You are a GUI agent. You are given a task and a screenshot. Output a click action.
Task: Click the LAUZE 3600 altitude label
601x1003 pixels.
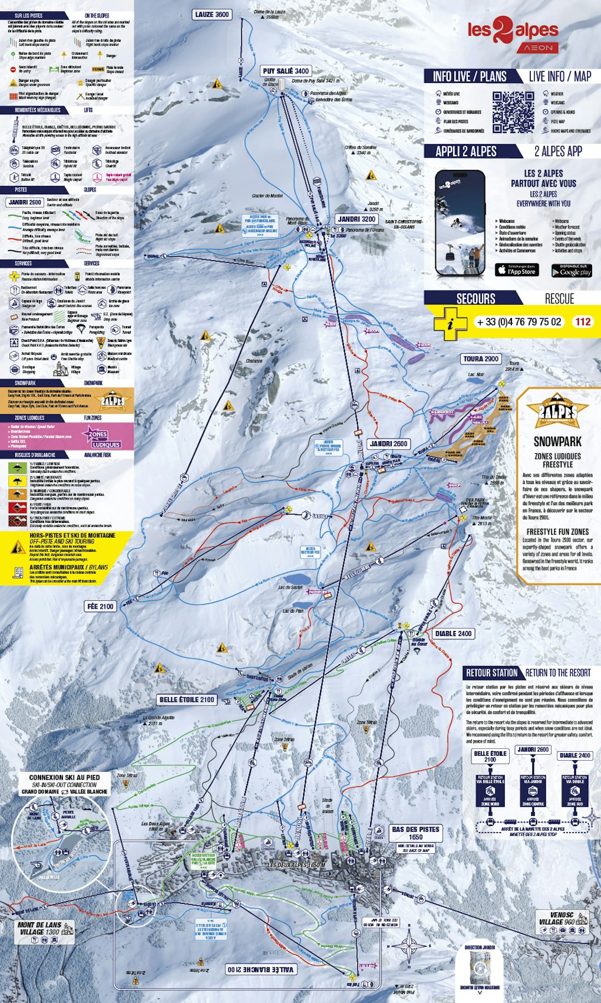coord(212,14)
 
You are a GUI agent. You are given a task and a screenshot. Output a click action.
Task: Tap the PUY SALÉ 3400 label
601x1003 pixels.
coord(285,71)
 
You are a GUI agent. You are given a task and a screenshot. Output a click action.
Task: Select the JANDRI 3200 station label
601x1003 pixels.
coord(357,219)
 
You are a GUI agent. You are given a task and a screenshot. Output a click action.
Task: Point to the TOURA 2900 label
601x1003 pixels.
coord(481,359)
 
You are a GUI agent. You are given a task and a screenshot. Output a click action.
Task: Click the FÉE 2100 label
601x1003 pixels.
coord(100,606)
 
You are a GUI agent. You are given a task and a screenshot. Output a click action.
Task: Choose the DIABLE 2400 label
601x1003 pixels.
coord(454,633)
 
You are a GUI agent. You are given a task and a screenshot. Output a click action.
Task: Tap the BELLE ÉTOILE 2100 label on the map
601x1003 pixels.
coord(186,699)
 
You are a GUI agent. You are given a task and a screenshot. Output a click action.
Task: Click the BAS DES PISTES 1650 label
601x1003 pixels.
coord(416,833)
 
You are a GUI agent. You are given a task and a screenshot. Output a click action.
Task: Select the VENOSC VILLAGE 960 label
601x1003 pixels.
coord(561,918)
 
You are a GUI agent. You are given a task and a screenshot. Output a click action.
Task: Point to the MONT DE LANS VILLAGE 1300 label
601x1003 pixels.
coord(39,928)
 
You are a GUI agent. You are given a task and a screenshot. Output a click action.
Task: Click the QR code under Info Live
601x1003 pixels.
coord(513,112)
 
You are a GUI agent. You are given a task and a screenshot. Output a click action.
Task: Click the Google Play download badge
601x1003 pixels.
coord(572,271)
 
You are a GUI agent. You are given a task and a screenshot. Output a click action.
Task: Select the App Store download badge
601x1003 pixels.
coord(517,270)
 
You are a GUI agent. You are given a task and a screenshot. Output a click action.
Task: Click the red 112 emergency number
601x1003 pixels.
coord(583,321)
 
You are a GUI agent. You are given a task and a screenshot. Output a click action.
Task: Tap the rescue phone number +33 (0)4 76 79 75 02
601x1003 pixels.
coord(519,322)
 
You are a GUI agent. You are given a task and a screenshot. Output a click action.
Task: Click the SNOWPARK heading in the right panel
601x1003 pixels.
coord(558,442)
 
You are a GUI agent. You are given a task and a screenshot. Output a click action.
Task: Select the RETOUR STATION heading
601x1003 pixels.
coord(491,673)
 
